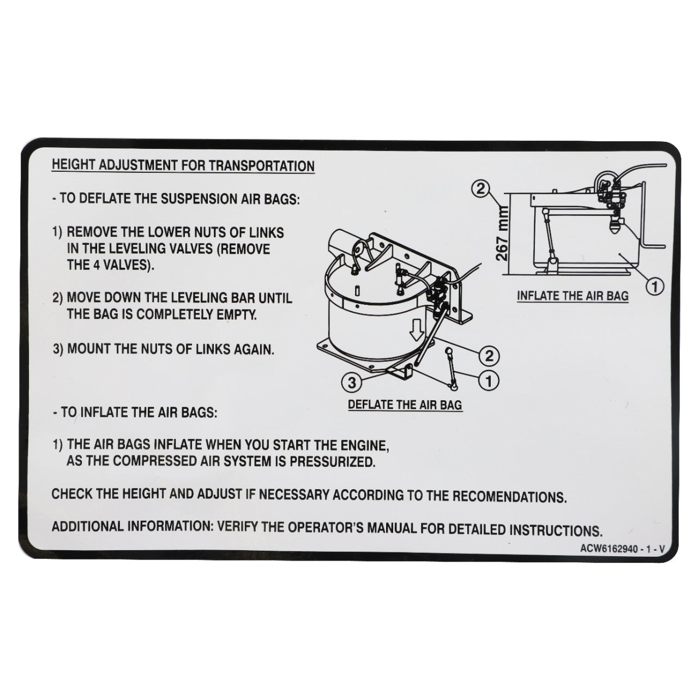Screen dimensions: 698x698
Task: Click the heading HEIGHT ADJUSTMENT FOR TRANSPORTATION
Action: coord(183,165)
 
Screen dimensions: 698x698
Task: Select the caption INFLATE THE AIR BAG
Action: coord(573,296)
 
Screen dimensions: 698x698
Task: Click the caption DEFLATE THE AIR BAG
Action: coord(405,405)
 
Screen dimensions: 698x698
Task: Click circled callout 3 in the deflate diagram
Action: coord(352,383)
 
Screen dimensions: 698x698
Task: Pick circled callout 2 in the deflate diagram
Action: coord(489,356)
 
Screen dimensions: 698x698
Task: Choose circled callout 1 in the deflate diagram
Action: coord(489,381)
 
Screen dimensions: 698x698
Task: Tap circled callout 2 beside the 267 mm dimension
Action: coord(480,189)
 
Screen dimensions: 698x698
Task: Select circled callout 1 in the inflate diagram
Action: coord(654,285)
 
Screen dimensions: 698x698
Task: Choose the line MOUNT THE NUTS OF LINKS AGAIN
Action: coord(170,349)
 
